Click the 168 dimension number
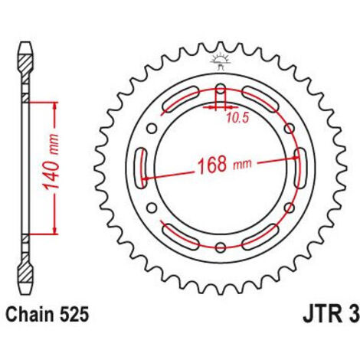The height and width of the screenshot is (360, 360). tap(212, 165)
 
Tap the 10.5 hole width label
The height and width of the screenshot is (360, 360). tap(237, 118)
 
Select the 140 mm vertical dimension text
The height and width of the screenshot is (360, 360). tap(51, 162)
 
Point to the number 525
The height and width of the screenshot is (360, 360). tap(74, 314)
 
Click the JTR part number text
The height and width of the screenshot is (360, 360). tap(332, 314)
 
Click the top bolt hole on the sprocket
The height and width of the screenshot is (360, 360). tap(221, 90)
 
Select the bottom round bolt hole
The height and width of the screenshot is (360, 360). tap(221, 247)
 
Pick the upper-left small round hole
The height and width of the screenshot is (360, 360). tap(152, 129)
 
